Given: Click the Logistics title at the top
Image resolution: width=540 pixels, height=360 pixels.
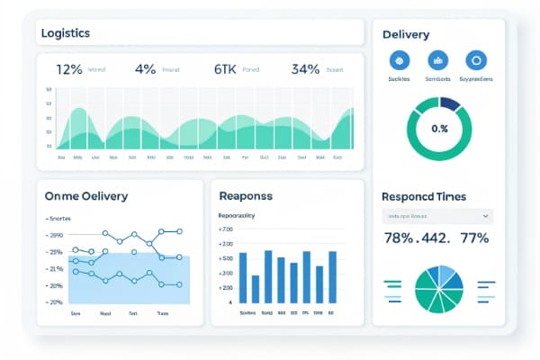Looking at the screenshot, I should tap(65, 33).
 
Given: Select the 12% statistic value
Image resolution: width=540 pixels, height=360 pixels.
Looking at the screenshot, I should tap(69, 68).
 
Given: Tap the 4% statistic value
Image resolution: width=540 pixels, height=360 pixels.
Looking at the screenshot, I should tap(145, 68).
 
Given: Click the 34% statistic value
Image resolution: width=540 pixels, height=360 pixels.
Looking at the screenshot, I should tap(306, 68).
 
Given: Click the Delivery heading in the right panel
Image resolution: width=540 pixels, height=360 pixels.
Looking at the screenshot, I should tap(405, 35).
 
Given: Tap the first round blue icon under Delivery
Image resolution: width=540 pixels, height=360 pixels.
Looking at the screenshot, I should tap(399, 61).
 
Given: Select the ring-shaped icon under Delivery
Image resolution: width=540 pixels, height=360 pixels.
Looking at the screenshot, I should tap(475, 61).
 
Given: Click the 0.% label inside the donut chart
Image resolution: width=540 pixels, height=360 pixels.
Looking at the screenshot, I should tap(439, 129).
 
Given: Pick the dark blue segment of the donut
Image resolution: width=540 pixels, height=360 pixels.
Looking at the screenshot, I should tap(449, 104).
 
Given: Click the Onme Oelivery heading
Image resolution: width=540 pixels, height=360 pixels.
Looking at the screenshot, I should tap(86, 195).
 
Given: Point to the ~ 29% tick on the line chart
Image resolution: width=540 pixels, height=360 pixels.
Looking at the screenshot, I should tap(55, 234).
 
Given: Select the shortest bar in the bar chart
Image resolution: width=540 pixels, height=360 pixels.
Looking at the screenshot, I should tap(256, 288).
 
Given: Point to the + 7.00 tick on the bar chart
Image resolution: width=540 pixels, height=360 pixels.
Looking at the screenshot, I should tap(225, 229).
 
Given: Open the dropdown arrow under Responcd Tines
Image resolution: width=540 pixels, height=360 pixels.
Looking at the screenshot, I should tap(486, 217).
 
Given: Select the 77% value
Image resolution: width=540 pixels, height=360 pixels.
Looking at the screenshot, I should tap(473, 238).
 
